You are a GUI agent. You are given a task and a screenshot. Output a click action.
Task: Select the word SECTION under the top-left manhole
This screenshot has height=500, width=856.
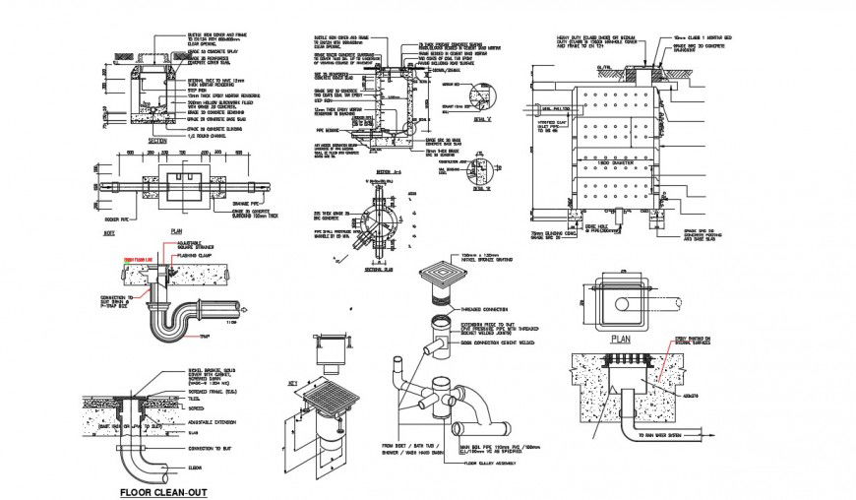(156, 141)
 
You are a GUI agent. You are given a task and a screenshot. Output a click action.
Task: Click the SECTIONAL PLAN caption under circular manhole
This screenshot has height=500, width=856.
(378, 267)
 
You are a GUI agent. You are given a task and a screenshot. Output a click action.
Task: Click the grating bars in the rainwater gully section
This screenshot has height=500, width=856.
(626, 359)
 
